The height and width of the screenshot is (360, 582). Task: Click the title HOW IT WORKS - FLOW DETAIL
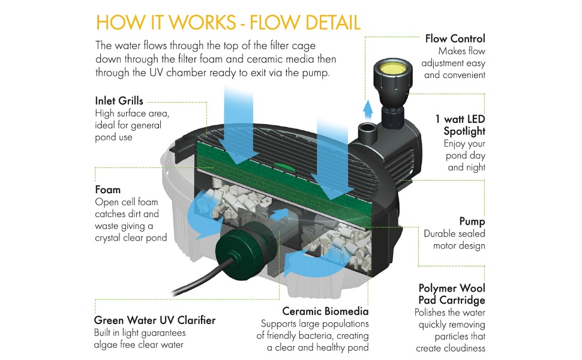(x=228, y=22)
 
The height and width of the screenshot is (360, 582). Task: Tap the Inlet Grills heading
(x=119, y=101)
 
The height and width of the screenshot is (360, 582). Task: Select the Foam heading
(x=107, y=190)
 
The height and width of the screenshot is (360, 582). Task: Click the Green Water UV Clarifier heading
(x=154, y=320)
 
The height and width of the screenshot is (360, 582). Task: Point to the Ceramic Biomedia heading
(x=326, y=311)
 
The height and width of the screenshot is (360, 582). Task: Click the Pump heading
(x=472, y=221)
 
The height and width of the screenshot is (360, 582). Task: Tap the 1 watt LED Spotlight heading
(x=460, y=125)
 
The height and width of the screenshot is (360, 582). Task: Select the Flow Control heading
(x=455, y=39)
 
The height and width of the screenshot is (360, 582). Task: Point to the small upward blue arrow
(x=368, y=109)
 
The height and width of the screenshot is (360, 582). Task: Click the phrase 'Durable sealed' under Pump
(x=454, y=233)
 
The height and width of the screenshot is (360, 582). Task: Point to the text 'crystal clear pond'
(x=131, y=238)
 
